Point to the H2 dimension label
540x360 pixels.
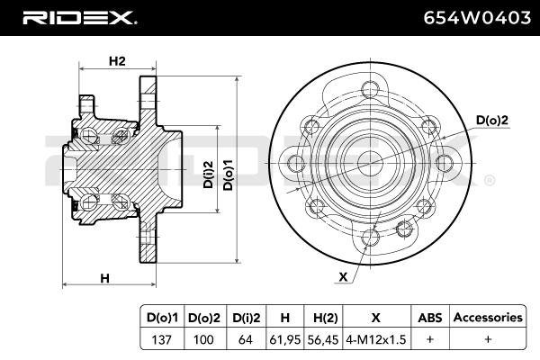tap(116, 61)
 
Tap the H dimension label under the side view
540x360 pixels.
tap(104, 277)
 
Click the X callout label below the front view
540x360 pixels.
tap(343, 277)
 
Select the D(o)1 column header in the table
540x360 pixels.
tap(163, 318)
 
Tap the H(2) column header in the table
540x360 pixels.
tap(323, 318)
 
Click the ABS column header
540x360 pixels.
tap(428, 318)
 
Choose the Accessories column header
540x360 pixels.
tap(487, 318)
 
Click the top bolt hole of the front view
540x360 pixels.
tap(370, 89)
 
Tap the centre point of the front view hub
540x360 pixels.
tap(370, 163)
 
